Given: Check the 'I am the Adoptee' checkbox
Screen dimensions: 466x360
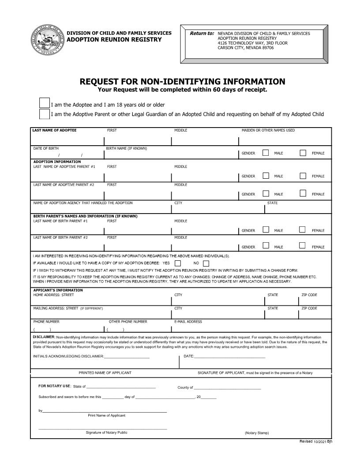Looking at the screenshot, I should [x=45, y=103].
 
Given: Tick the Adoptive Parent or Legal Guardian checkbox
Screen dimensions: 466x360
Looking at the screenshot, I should [x=45, y=114].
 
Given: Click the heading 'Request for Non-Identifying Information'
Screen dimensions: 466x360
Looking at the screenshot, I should [x=182, y=82].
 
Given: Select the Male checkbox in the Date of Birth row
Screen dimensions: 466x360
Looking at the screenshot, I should [x=266, y=153].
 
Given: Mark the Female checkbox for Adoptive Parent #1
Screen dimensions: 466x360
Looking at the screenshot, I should [x=303, y=176].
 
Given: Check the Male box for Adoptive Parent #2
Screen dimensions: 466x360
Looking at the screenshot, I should [x=266, y=193].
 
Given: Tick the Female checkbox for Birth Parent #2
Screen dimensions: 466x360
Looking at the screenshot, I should [x=302, y=246].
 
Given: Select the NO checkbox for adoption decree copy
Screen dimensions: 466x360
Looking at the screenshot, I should [x=206, y=264].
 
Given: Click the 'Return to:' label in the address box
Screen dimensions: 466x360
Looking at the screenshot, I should [x=202, y=34].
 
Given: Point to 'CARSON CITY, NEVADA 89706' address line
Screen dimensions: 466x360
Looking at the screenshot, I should [x=246, y=48].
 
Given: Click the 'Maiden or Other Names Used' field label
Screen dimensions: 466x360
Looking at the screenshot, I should [x=268, y=130].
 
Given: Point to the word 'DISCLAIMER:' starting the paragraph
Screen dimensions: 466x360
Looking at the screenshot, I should [x=44, y=337].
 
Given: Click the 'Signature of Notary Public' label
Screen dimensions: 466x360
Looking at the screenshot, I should [x=107, y=432].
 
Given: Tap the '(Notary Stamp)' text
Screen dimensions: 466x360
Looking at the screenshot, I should [x=257, y=433].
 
